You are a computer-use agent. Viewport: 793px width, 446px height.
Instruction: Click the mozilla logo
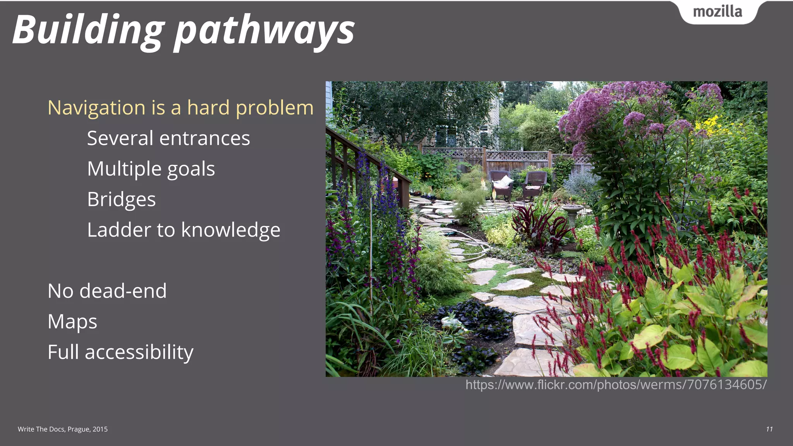tap(717, 12)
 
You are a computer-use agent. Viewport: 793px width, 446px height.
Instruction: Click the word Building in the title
tap(88, 30)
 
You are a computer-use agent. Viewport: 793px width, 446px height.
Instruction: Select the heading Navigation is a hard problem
tap(180, 108)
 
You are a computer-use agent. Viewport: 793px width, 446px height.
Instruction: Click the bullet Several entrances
tap(168, 138)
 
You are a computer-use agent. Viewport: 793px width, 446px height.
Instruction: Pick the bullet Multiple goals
tap(151, 169)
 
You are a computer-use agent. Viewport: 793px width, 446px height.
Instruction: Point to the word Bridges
tap(121, 199)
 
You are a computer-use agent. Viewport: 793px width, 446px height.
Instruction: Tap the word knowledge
tap(231, 230)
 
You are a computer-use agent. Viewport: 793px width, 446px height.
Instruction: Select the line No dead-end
tap(107, 291)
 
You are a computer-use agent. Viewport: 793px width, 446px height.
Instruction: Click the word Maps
tap(72, 321)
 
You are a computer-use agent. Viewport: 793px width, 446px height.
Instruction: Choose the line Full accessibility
tap(120, 352)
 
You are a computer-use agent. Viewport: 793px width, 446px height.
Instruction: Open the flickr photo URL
tap(616, 385)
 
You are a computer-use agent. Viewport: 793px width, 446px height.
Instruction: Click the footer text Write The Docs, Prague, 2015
tap(63, 429)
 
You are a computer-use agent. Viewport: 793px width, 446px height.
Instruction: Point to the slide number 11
tap(769, 429)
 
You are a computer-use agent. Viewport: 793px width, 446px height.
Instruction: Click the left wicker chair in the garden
tap(501, 184)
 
